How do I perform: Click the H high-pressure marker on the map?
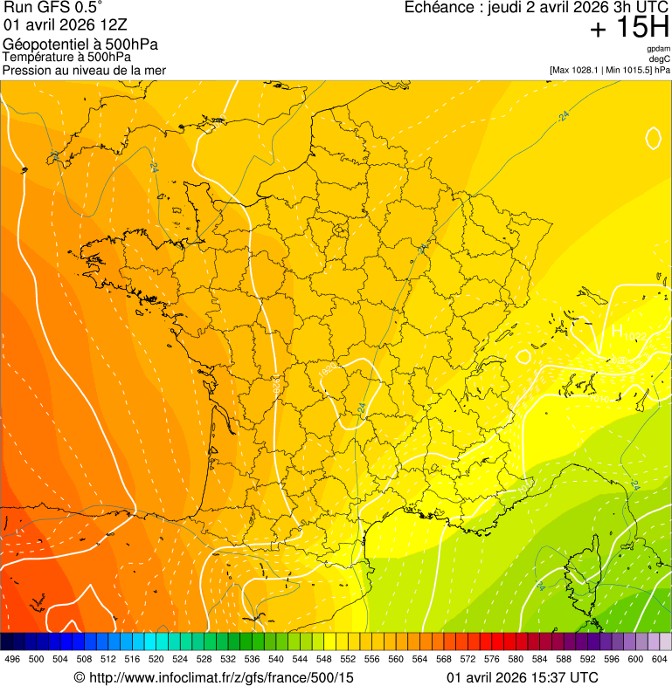click(617, 332)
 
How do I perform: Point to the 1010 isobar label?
click(599, 400)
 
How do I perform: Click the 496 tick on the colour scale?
click(12, 659)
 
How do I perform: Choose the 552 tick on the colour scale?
click(348, 659)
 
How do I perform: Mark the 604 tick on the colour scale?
click(660, 659)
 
